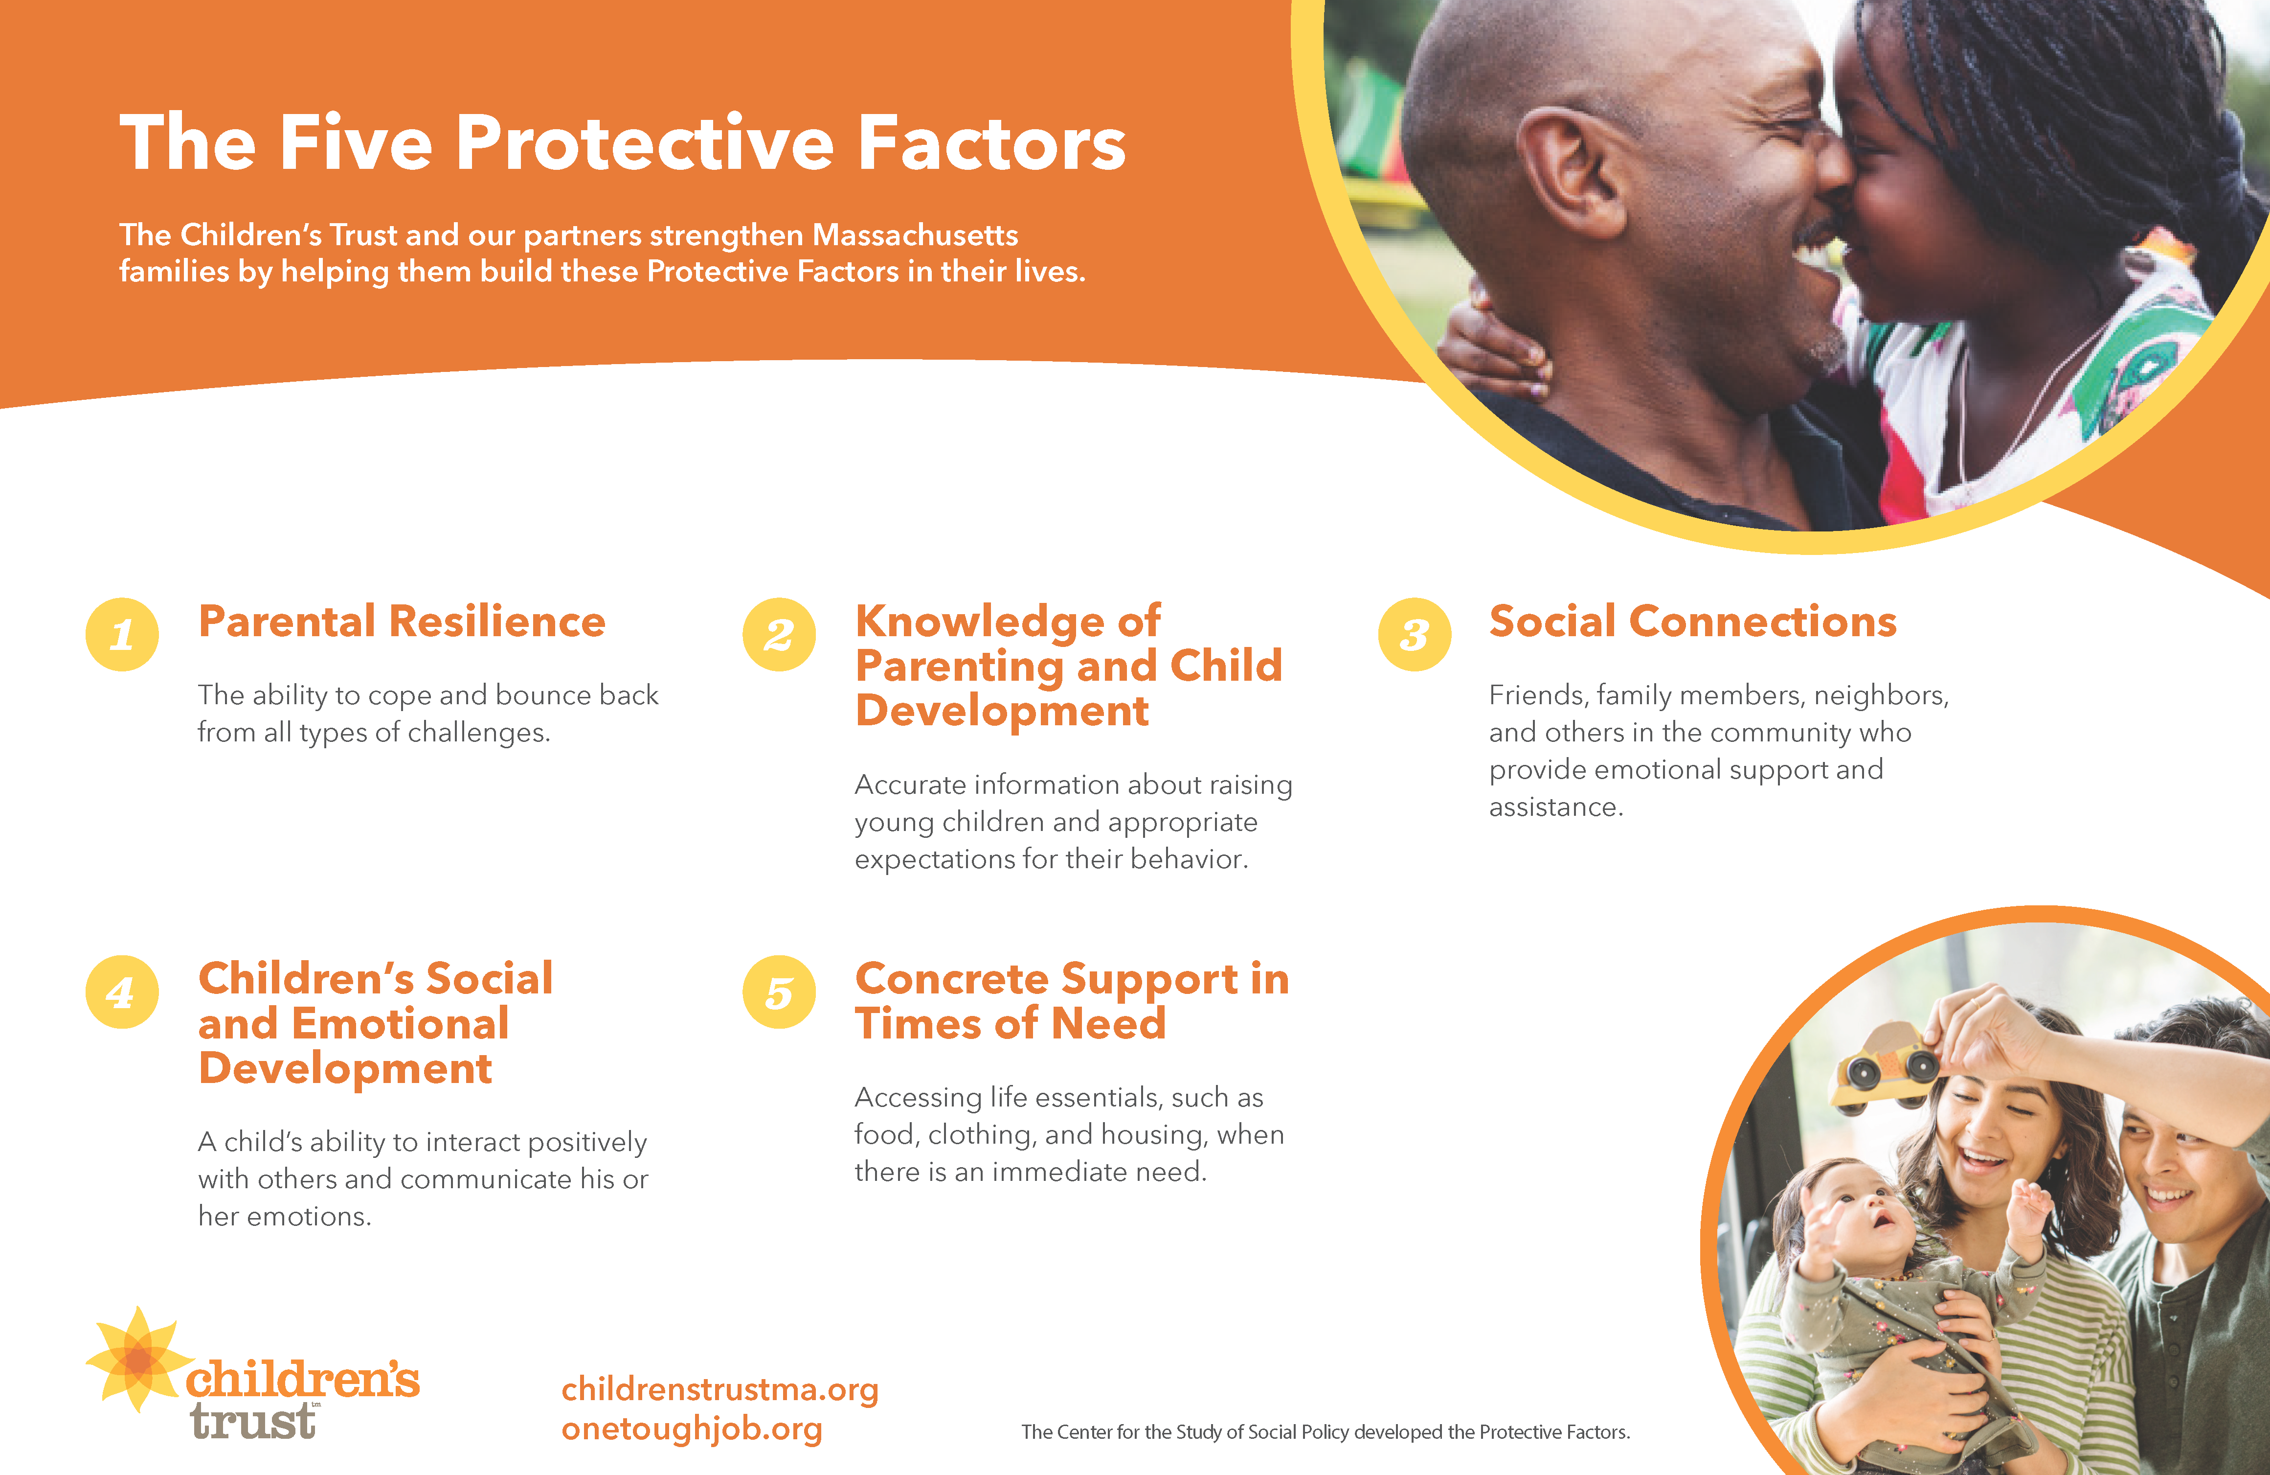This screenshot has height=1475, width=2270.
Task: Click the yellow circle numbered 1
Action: pos(122,634)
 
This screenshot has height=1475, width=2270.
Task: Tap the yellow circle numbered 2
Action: pos(779,634)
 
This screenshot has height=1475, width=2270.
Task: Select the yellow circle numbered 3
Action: pos(1415,634)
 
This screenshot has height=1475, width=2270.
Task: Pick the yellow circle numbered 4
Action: pos(122,992)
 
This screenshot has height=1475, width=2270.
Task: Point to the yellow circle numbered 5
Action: pos(779,992)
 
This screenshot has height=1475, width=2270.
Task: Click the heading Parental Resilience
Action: pos(402,622)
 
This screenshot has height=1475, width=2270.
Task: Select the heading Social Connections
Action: pos(1693,622)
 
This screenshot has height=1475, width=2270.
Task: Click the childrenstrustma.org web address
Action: pos(720,1390)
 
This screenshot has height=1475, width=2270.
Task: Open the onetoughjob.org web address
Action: pos(692,1429)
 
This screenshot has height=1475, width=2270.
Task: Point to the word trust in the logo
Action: pos(253,1422)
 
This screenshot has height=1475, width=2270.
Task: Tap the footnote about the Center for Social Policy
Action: pos(1326,1432)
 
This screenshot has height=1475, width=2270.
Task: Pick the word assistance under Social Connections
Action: pos(1555,807)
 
